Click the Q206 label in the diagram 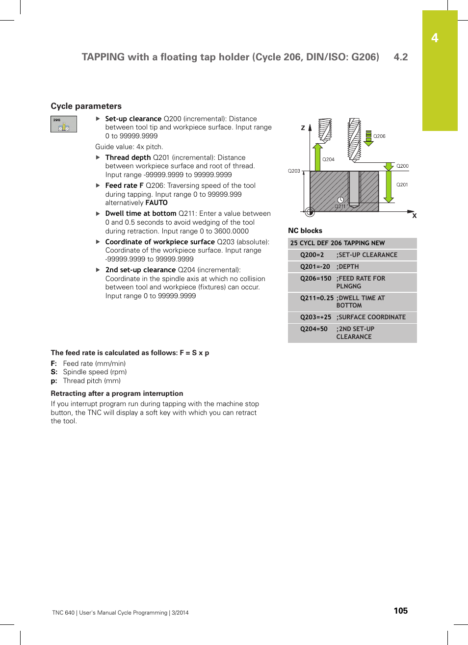coord(379,136)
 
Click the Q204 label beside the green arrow coord(328,159)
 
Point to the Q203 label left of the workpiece coord(294,171)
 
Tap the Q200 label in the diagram coord(402,166)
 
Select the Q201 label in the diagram coord(402,185)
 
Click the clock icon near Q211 coord(340,200)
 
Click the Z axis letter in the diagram coord(303,128)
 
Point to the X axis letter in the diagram coord(414,216)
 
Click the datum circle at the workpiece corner coord(310,212)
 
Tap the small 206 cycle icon coord(64,124)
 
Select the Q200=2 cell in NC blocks coord(312,255)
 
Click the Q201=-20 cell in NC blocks coord(315,267)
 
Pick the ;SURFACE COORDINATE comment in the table coord(371,317)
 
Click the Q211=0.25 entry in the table coord(316,298)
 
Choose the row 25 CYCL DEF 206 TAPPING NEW coord(338,243)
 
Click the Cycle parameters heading coord(86,106)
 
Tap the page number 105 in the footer coord(400,611)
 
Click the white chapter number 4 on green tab coord(435,38)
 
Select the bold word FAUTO coord(156,203)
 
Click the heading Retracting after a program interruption coord(117,393)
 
